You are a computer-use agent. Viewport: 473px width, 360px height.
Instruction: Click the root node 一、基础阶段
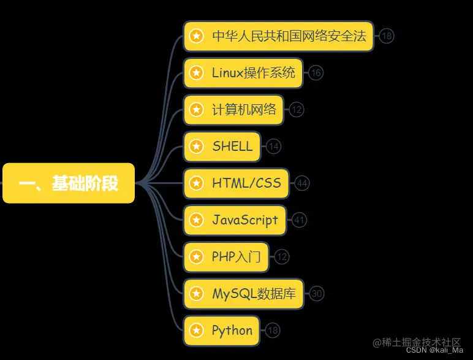[x=69, y=183]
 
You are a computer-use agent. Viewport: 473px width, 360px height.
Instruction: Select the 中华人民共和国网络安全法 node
[x=279, y=36]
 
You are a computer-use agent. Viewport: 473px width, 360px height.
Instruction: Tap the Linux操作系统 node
[x=244, y=73]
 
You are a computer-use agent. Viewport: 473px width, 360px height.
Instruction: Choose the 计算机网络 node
[x=235, y=110]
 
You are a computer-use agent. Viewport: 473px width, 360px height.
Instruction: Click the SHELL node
[x=222, y=147]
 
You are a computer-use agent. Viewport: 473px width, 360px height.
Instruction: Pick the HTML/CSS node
[x=236, y=183]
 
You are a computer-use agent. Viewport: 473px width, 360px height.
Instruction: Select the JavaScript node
[x=235, y=220]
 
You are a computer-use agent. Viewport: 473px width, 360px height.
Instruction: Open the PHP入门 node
[x=227, y=257]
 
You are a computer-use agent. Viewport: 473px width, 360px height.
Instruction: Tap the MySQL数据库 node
[x=244, y=294]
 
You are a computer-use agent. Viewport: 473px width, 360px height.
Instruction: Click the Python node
[x=222, y=331]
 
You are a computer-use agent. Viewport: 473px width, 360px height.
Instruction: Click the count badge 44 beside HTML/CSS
[x=302, y=183]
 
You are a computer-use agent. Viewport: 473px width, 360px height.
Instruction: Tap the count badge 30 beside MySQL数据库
[x=317, y=294]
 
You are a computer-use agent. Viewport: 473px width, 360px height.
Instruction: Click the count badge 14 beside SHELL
[x=274, y=147]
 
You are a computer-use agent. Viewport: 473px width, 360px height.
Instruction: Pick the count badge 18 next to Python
[x=273, y=331]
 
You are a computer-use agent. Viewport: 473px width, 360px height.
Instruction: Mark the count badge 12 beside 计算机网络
[x=297, y=110]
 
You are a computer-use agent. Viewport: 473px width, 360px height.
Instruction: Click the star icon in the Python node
[x=196, y=331]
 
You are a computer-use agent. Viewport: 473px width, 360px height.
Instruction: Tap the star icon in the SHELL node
[x=196, y=147]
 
